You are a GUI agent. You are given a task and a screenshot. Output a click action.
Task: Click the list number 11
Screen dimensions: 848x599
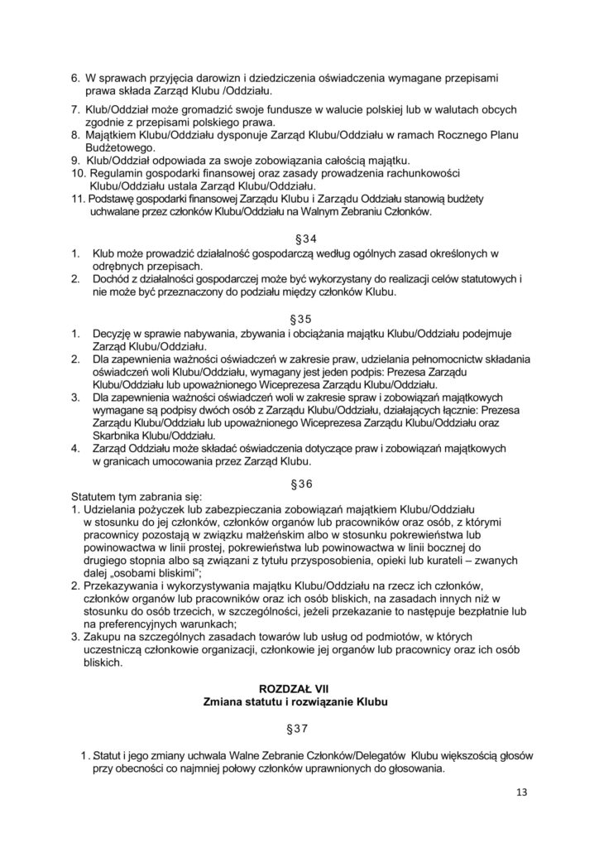[77, 200]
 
